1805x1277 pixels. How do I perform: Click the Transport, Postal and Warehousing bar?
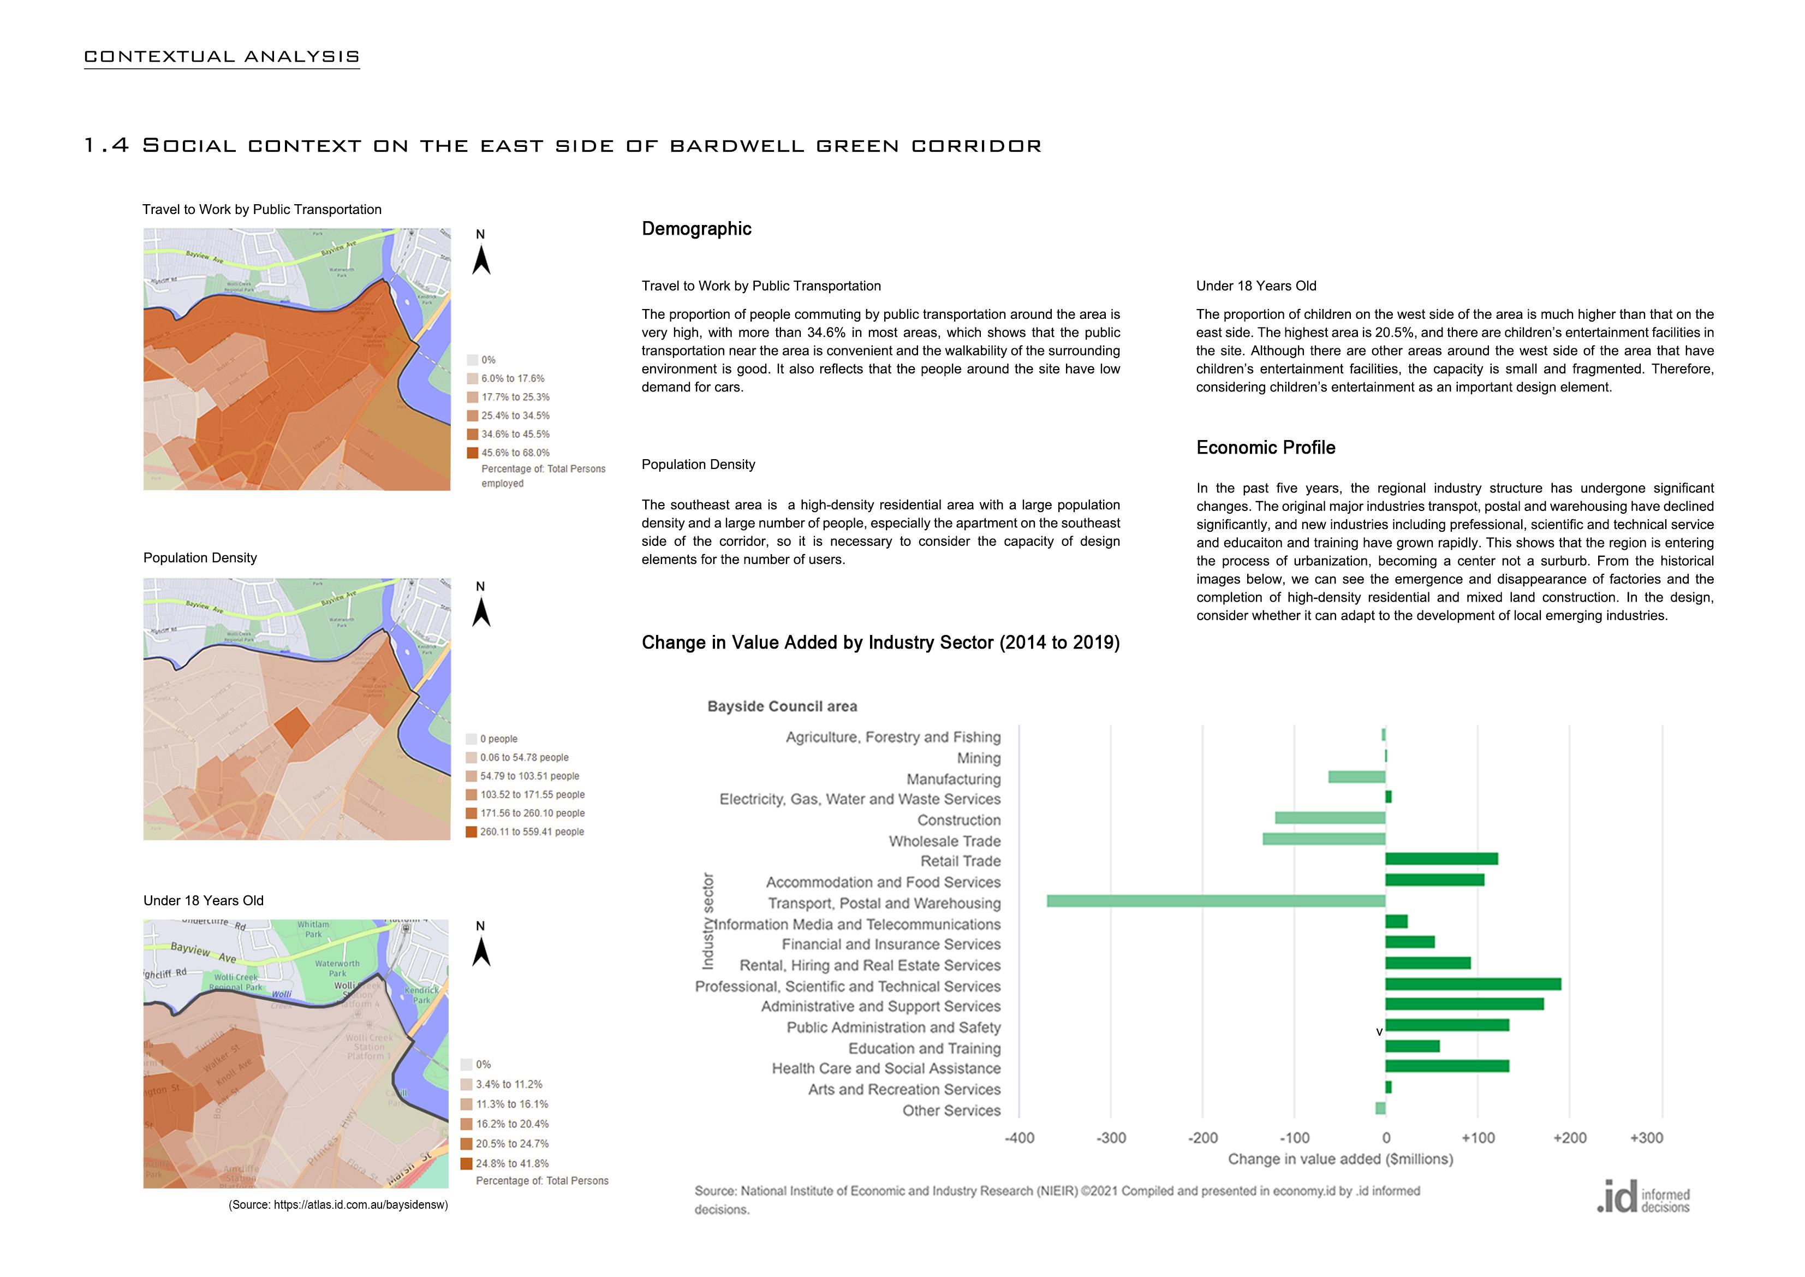1216,901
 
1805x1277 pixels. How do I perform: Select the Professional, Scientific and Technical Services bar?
1473,984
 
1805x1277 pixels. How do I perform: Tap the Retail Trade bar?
1441,859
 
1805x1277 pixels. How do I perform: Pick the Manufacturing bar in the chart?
1356,777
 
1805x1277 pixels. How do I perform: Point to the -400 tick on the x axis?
1019,1138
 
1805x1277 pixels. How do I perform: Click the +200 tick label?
1569,1138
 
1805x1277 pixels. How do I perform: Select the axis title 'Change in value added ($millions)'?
1341,1159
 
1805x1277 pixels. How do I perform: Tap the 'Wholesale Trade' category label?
944,841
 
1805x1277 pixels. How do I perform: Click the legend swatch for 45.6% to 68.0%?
473,453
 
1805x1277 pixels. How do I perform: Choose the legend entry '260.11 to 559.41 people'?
532,832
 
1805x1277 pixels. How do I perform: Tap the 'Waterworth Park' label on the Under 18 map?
337,968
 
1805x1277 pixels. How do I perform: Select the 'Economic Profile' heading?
1266,448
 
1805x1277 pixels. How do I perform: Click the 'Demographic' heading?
696,229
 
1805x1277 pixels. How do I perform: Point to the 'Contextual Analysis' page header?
222,57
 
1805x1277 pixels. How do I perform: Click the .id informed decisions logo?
1643,1197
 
